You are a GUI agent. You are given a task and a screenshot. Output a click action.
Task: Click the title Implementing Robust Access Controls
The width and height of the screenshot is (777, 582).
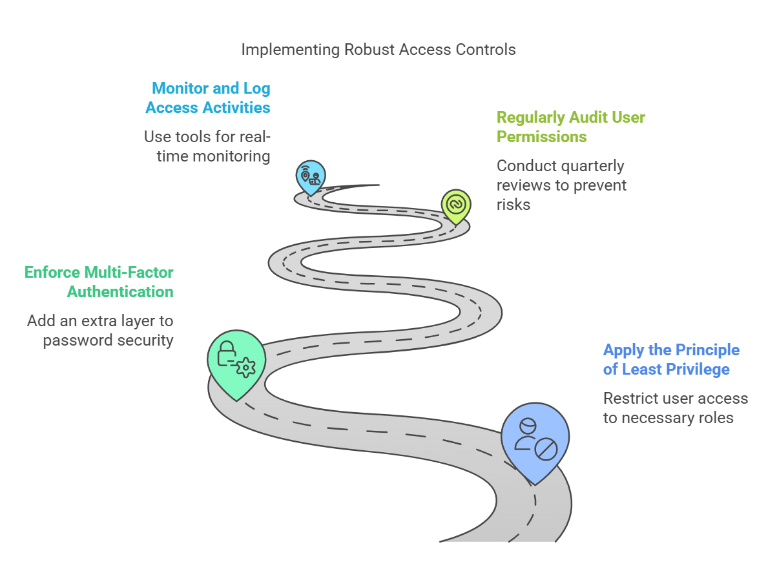(x=378, y=50)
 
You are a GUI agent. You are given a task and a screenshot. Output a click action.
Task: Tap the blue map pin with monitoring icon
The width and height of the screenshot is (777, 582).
(x=311, y=176)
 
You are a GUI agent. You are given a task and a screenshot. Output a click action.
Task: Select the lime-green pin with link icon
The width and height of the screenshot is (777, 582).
(x=456, y=205)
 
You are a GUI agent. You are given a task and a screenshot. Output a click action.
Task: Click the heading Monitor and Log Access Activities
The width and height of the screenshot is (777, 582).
(x=208, y=98)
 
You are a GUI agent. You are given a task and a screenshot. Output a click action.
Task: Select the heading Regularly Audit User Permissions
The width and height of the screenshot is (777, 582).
(x=570, y=127)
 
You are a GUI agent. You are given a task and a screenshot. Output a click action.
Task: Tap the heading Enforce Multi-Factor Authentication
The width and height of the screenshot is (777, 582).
(x=99, y=282)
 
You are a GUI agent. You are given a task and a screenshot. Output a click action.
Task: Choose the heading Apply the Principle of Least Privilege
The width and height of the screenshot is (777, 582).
(x=671, y=359)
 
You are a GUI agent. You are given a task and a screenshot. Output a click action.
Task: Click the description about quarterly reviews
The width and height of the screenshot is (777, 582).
(x=561, y=185)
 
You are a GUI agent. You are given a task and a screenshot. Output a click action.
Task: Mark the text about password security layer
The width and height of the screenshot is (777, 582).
(x=100, y=330)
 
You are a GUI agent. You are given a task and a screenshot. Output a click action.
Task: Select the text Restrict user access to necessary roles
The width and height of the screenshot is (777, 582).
(x=675, y=408)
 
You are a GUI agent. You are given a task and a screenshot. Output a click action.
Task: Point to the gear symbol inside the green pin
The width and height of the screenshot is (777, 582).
(x=245, y=368)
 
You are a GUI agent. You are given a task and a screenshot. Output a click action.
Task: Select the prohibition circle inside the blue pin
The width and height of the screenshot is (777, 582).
(x=546, y=449)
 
